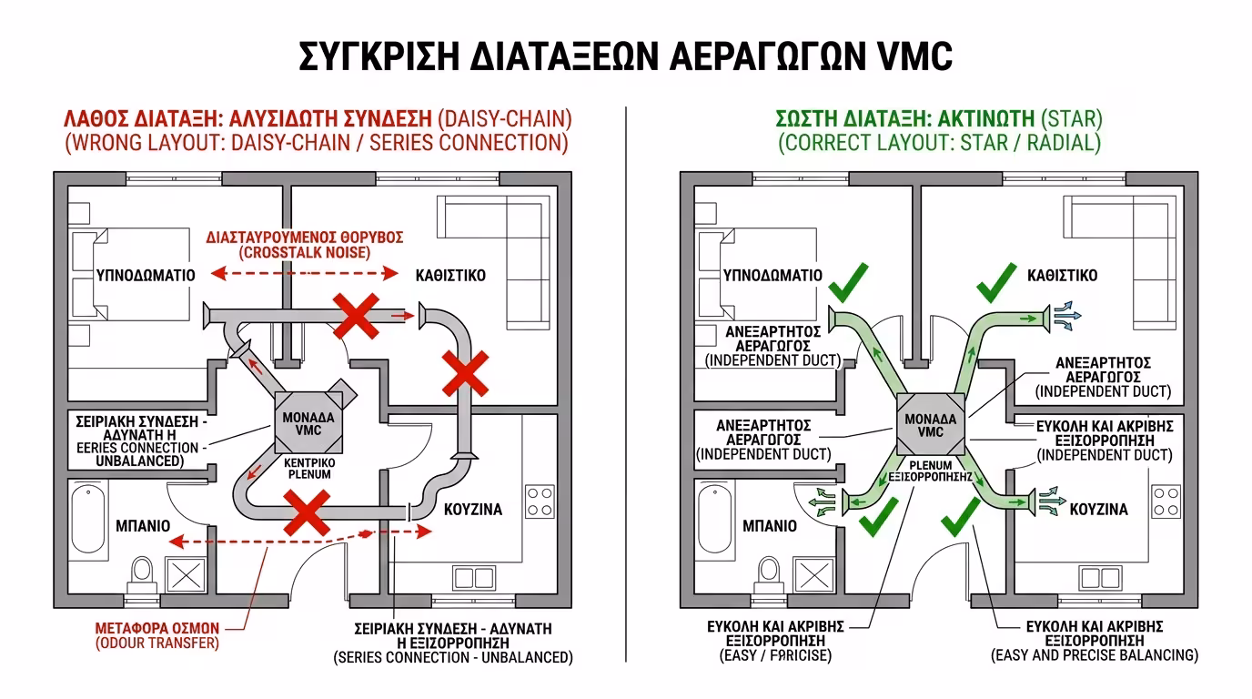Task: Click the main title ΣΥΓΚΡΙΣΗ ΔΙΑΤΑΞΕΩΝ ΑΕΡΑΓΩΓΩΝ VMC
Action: coord(625,56)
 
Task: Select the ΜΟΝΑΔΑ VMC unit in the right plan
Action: coord(931,425)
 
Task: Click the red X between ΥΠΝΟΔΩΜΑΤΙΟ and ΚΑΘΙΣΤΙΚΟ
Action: coord(355,315)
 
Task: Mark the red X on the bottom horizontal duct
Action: coord(306,512)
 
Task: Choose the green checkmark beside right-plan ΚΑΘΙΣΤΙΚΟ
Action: coord(996,282)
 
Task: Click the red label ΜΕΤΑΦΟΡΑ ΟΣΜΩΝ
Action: coord(157,627)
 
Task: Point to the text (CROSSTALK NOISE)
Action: coord(304,252)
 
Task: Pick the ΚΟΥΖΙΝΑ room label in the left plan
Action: coord(472,510)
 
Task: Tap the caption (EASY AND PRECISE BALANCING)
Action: coord(1094,655)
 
